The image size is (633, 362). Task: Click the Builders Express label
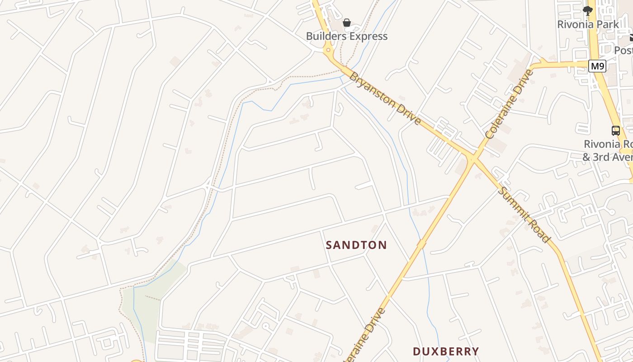pyautogui.click(x=347, y=36)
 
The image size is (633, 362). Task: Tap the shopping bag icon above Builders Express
pyautogui.click(x=347, y=23)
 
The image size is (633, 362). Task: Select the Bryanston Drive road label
pyautogui.click(x=386, y=98)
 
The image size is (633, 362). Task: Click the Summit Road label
pyautogui.click(x=524, y=214)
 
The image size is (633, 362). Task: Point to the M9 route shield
pyautogui.click(x=597, y=67)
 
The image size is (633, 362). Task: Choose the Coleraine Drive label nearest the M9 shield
pyautogui.click(x=510, y=104)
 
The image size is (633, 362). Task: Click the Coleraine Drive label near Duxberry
pyautogui.click(x=365, y=334)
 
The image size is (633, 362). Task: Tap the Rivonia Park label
pyautogui.click(x=588, y=24)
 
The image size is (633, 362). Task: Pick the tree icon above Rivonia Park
pyautogui.click(x=588, y=10)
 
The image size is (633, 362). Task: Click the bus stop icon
pyautogui.click(x=616, y=131)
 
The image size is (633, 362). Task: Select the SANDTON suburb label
pyautogui.click(x=356, y=245)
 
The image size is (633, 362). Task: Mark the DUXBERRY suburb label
pyautogui.click(x=446, y=351)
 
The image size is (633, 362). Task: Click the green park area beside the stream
pyautogui.click(x=154, y=299)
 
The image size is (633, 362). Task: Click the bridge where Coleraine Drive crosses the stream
pyautogui.click(x=421, y=244)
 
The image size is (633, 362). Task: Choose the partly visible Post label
pyautogui.click(x=624, y=50)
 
